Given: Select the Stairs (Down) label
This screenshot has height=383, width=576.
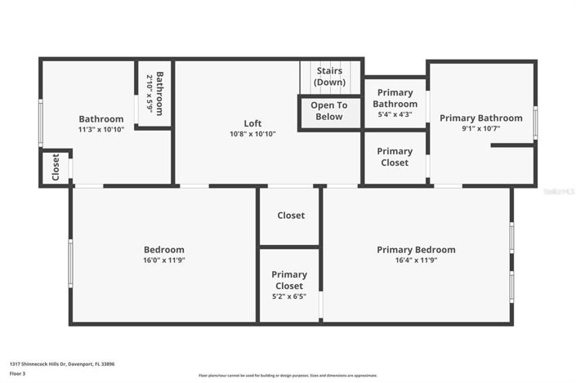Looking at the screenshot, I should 329,76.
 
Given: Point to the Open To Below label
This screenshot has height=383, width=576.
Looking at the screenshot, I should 328,111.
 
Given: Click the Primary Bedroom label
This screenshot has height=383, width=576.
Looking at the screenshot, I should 416,250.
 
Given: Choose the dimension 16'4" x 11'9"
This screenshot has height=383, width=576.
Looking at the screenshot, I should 416,261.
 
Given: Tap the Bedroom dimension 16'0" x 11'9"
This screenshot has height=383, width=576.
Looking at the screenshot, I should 164,261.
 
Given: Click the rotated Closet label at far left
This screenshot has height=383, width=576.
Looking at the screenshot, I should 56,167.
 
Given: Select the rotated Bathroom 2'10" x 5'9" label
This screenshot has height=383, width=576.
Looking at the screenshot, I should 155,92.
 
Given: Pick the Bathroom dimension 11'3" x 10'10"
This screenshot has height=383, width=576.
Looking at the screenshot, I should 101,129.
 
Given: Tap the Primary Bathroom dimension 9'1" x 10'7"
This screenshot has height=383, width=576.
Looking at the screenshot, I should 480,128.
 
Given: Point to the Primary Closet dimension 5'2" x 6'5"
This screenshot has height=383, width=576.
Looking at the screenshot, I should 289,296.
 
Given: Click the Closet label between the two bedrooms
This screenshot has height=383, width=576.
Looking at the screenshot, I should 291,216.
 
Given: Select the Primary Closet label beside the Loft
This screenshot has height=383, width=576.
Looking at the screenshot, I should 395,157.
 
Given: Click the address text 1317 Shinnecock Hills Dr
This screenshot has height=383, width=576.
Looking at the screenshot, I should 62,364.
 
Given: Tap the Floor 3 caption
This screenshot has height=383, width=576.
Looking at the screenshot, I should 18,373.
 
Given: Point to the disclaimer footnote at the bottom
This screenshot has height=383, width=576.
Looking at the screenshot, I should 288,376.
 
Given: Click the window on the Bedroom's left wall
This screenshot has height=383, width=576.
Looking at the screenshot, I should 70,262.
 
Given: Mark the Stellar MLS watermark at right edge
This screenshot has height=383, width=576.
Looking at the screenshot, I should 560,191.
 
